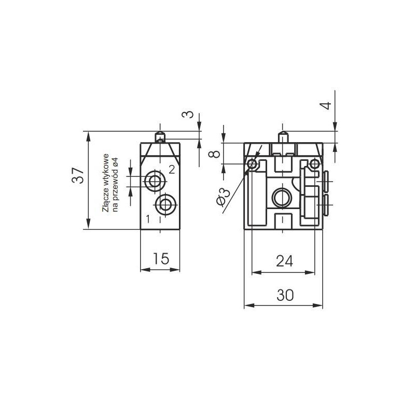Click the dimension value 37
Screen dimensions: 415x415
pos(78,175)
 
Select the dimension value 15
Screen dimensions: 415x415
pos(161,258)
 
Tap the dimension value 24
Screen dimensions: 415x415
pos(285,261)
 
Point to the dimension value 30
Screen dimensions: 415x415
pos(285,295)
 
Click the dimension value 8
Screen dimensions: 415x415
pos(214,154)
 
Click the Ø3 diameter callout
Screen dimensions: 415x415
pos(223,197)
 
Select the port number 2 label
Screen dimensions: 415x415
pos(172,170)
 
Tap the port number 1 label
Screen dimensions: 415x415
pos(148,219)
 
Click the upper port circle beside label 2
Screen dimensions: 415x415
pos(153,181)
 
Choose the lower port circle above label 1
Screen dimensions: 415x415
pos(165,204)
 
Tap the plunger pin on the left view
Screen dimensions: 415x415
pos(160,137)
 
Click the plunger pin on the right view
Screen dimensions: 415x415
pos(283,137)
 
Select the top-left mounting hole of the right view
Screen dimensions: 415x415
pos(252,164)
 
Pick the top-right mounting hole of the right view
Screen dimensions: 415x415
pos(315,164)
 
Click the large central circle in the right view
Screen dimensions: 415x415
pos(282,198)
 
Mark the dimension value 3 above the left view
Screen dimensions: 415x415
pos(188,115)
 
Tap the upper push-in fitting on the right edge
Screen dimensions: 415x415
pos(325,182)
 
